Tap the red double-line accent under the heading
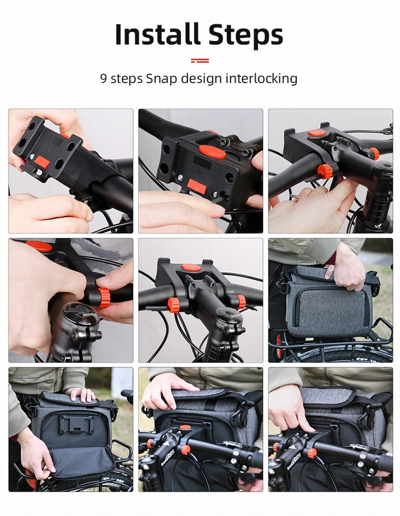200,61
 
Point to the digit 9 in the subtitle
103,78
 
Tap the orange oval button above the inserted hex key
212,152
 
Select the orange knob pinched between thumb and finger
103,298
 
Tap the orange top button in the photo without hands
191,267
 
